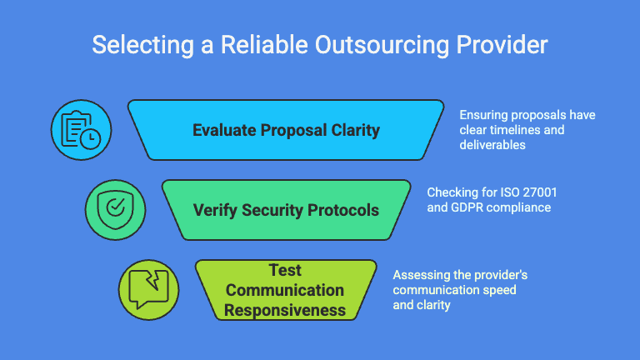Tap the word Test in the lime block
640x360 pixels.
point(285,271)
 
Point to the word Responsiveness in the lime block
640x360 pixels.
point(285,310)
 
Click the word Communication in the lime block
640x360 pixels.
point(285,290)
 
